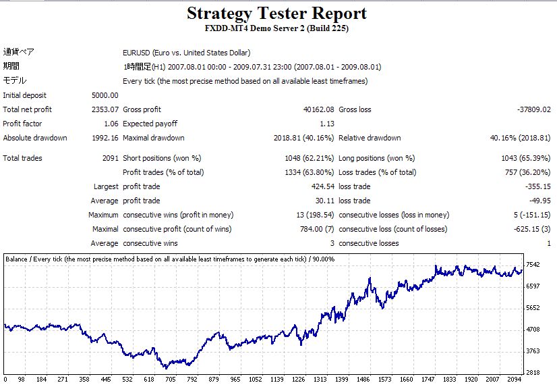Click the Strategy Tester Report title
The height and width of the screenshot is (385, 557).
[276, 13]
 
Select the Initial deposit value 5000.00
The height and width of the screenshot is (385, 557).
[105, 95]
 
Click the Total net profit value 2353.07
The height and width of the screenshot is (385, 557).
[105, 109]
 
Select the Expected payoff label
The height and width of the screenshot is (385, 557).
[150, 124]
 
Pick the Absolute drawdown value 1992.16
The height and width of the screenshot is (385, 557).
[105, 138]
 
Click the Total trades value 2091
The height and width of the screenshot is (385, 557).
[108, 158]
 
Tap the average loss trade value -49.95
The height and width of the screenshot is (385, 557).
[540, 201]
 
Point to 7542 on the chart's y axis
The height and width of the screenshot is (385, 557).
[533, 264]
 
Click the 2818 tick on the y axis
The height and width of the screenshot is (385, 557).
[533, 372]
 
